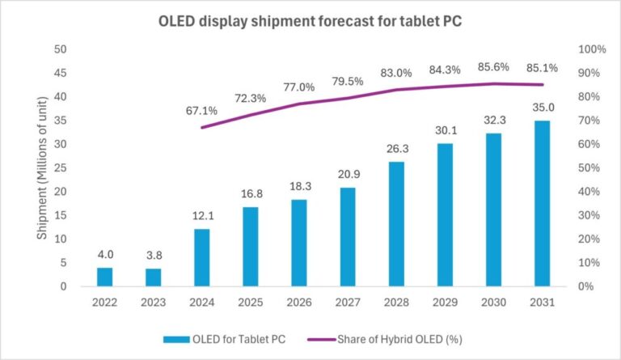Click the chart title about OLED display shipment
[310, 20]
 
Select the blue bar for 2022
[105, 277]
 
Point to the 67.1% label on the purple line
[203, 110]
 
